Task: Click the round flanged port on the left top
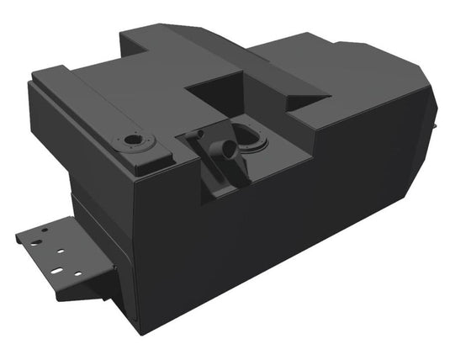coord(134,141)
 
